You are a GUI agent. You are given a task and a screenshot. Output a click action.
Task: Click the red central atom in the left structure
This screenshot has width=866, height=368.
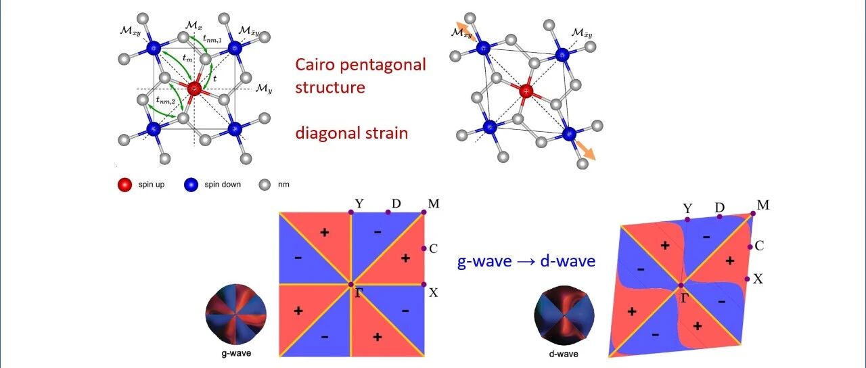coord(194,89)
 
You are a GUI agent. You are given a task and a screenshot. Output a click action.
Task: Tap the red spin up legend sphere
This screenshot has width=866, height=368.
coord(124,184)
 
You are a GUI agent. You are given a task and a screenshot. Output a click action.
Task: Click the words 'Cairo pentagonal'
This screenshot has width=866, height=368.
coord(360,65)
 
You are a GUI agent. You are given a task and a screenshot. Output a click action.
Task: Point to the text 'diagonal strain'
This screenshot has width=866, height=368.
coord(351,133)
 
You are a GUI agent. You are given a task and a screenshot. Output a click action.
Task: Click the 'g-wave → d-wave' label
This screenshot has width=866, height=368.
coord(526,261)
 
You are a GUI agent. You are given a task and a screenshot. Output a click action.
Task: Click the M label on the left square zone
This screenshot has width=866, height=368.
coord(433,203)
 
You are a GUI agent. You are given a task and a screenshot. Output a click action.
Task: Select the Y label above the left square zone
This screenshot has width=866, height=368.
coord(359,203)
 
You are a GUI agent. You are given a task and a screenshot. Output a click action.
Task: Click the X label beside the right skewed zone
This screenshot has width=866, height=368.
coord(758,278)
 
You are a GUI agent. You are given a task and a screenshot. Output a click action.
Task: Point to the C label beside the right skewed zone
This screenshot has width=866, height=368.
coord(759,246)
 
